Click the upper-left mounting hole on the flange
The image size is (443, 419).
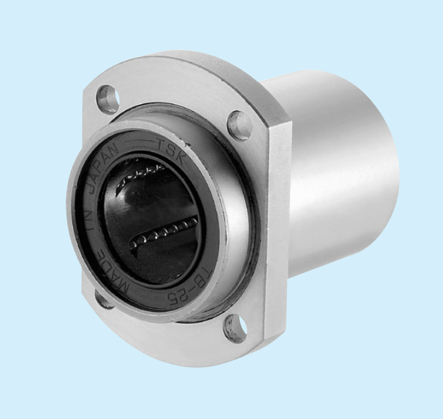[108, 98]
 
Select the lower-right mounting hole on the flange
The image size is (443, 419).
[235, 329]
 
